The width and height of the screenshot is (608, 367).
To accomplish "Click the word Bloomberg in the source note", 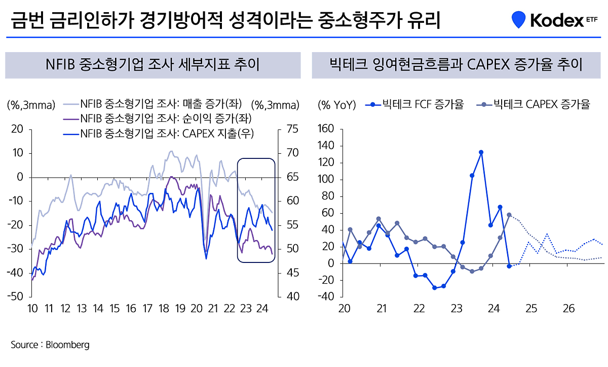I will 67,345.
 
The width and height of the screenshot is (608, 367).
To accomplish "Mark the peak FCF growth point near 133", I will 481,152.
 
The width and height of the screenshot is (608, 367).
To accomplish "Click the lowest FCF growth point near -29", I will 434,288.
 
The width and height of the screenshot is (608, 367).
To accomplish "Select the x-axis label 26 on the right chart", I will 568,308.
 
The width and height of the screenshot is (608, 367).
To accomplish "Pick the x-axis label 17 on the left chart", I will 147,308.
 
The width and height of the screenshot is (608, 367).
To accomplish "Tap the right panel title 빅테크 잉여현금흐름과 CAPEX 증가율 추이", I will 455,65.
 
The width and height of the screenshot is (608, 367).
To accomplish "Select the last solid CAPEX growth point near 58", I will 509,215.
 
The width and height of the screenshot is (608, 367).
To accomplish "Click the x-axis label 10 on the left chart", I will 32,308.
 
